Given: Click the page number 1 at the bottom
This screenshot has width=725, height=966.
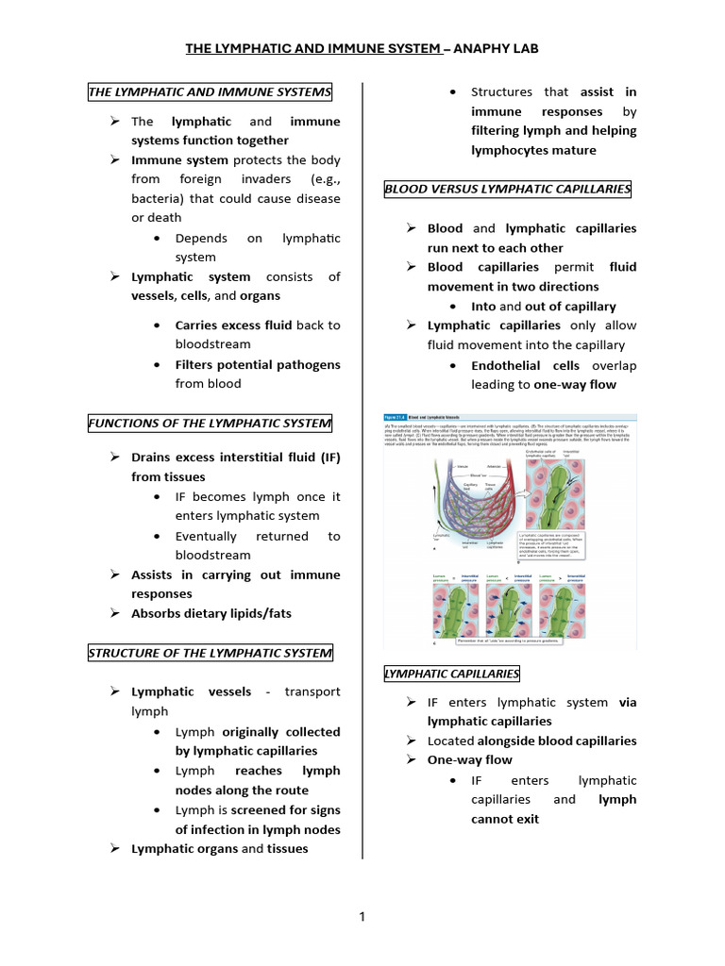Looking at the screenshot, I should click(362, 916).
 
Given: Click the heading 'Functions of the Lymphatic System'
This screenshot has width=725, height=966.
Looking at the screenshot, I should click(210, 424).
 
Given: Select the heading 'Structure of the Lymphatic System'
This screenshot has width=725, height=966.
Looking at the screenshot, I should click(210, 653).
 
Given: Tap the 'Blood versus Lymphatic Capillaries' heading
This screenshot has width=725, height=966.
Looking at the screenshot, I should click(508, 190).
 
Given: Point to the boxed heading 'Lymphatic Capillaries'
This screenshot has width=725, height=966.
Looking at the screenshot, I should click(451, 674).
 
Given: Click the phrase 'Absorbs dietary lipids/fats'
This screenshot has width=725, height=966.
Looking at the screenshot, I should click(211, 613).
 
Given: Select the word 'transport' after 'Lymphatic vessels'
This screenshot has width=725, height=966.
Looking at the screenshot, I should click(312, 691).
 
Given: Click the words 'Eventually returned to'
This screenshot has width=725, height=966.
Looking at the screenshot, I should click(258, 536).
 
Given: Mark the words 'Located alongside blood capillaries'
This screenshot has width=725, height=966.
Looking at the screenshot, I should click(531, 741).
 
